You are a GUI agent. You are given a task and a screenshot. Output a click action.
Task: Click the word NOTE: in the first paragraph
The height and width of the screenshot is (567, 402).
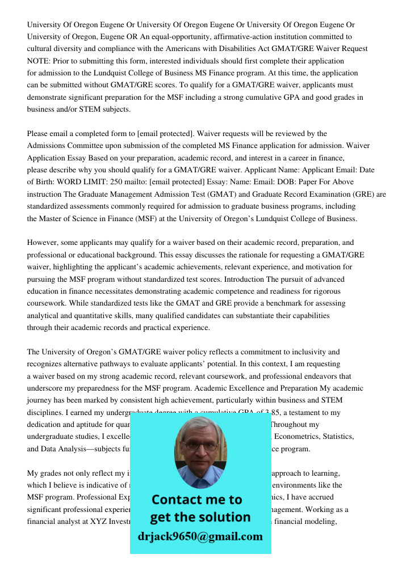[x=39, y=61]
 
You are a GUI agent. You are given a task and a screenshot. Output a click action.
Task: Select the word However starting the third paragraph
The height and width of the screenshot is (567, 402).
[x=44, y=243]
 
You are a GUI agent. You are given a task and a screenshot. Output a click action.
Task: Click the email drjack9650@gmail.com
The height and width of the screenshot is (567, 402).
[x=200, y=536]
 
